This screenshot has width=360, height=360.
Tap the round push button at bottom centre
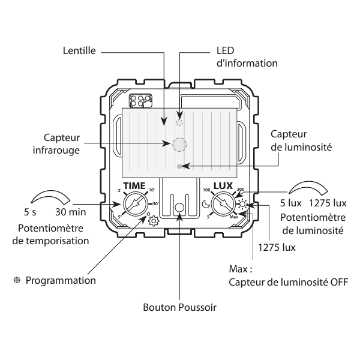[179, 208]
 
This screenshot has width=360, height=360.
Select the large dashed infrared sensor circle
[179, 144]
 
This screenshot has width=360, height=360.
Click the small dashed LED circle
[179, 122]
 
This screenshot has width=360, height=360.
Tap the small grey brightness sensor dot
[179, 165]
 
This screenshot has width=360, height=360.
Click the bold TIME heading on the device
[135, 185]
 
